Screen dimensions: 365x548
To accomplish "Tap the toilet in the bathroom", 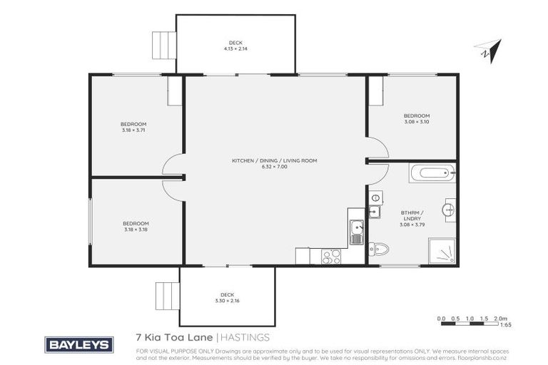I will pyautogui.click(x=379, y=249).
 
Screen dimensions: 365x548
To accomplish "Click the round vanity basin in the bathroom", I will pyautogui.click(x=449, y=210).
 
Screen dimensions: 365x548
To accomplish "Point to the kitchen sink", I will pyautogui.click(x=355, y=230).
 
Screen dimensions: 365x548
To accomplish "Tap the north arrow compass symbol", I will pyautogui.click(x=487, y=49).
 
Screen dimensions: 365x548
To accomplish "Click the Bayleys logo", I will pyautogui.click(x=79, y=345).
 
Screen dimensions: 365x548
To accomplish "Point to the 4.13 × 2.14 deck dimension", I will pyautogui.click(x=235, y=48).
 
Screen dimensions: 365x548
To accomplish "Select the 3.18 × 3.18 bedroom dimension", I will pyautogui.click(x=136, y=229).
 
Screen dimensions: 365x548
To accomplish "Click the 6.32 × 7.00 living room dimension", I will pyautogui.click(x=274, y=166).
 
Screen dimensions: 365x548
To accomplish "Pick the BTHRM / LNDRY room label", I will pyautogui.click(x=412, y=215).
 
